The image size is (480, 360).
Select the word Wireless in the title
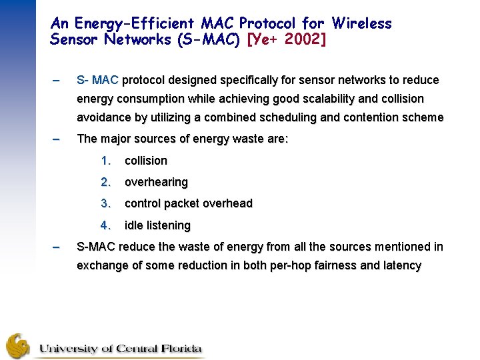361,24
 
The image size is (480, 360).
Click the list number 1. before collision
105,161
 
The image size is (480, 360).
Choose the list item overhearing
156,182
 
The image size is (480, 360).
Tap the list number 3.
105,203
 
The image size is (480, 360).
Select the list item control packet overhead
189,203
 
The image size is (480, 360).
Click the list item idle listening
157,225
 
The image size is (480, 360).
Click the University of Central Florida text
120,349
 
